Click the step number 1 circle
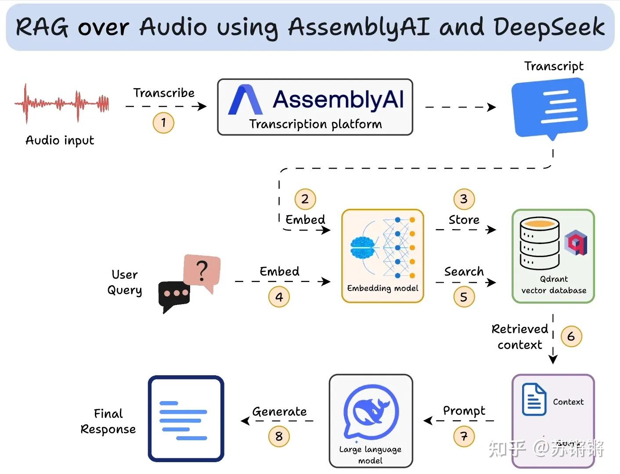[163, 122]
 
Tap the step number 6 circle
[571, 336]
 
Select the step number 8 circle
[279, 436]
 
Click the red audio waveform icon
[62, 104]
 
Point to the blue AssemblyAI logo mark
[245, 100]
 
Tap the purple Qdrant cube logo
[576, 243]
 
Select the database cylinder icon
[539, 243]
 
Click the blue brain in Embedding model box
[362, 248]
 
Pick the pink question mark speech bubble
[202, 271]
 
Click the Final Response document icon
[186, 419]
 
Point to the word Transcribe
[164, 93]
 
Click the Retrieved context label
[519, 337]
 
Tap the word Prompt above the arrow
[464, 411]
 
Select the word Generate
[279, 412]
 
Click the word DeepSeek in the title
[549, 27]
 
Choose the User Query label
[125, 282]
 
